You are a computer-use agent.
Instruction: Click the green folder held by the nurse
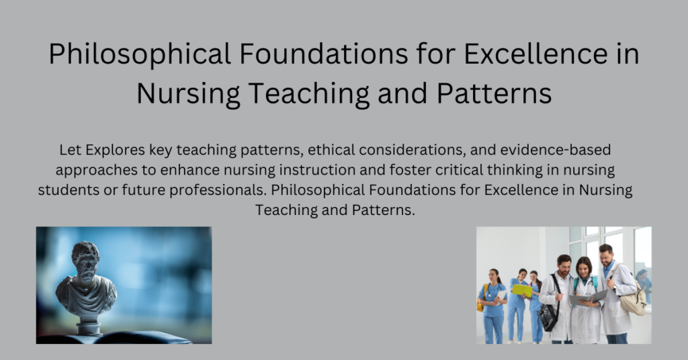[x=522, y=290]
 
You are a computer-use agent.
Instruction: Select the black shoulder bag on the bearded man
[x=550, y=316]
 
